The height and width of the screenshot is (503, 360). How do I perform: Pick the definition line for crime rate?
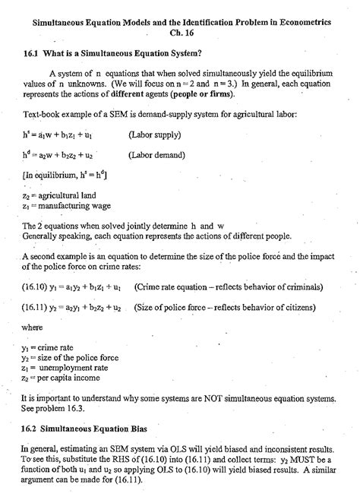click(47, 348)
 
